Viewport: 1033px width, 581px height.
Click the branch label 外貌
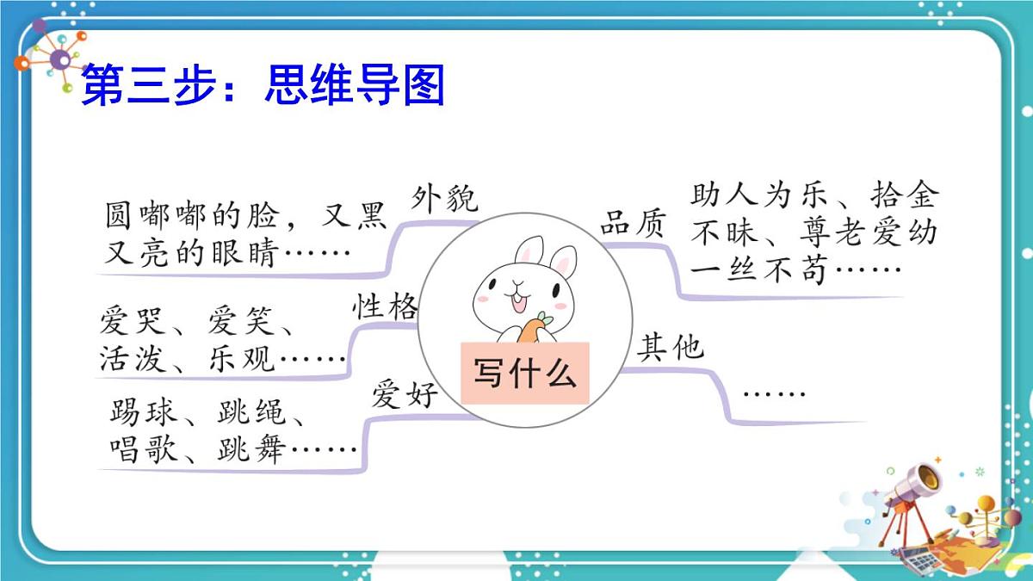coord(444,200)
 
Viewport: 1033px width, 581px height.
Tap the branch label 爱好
coord(405,395)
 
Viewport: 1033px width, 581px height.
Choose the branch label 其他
coord(671,348)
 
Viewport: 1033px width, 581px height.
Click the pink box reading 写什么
coord(524,374)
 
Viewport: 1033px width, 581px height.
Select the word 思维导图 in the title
coord(355,87)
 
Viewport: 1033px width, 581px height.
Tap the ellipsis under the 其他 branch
coord(774,394)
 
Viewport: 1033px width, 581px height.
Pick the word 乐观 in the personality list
coord(242,358)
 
